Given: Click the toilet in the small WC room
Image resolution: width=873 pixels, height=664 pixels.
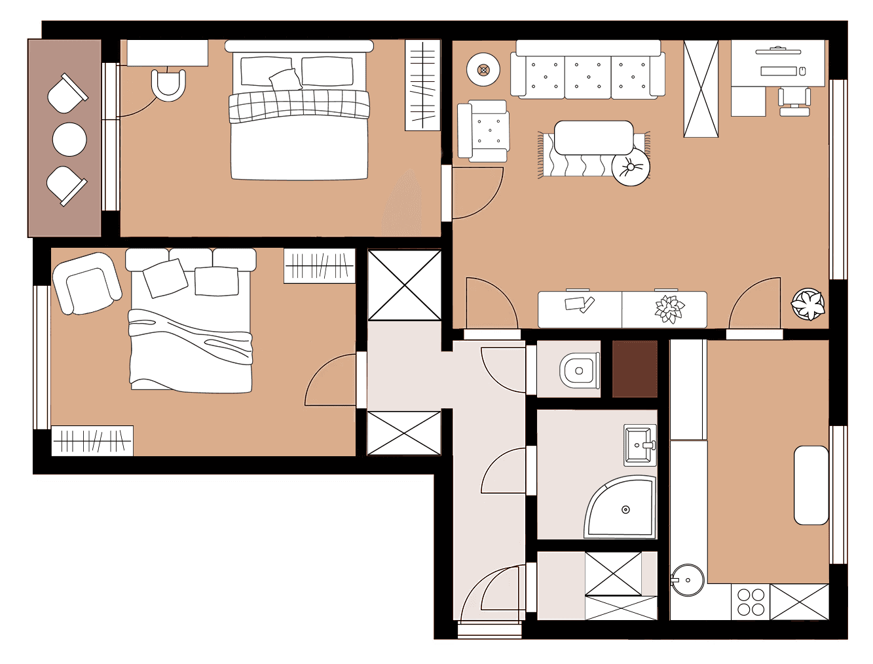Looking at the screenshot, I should [x=580, y=371].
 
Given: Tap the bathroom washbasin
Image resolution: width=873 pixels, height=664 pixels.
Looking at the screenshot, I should [x=639, y=445].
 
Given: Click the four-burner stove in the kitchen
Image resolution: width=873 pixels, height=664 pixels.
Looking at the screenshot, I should [x=751, y=602].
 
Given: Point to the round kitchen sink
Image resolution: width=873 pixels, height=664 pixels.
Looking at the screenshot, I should [x=688, y=579].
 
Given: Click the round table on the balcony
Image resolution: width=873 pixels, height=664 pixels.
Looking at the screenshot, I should [x=69, y=140].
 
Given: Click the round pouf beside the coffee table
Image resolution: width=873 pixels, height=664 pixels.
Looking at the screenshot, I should [x=631, y=167].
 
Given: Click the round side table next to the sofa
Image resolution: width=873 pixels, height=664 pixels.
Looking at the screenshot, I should [x=483, y=69].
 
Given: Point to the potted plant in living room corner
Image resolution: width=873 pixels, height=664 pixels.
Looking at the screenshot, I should [x=808, y=305].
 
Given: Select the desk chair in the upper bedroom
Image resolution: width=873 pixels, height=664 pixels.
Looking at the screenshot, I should [x=168, y=85].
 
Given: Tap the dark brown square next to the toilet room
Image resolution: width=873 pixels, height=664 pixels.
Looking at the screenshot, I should [x=635, y=368].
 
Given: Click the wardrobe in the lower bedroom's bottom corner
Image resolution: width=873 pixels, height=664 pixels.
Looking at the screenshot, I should [x=92, y=441].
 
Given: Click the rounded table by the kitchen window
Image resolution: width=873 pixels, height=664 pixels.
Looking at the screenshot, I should [x=811, y=485].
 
